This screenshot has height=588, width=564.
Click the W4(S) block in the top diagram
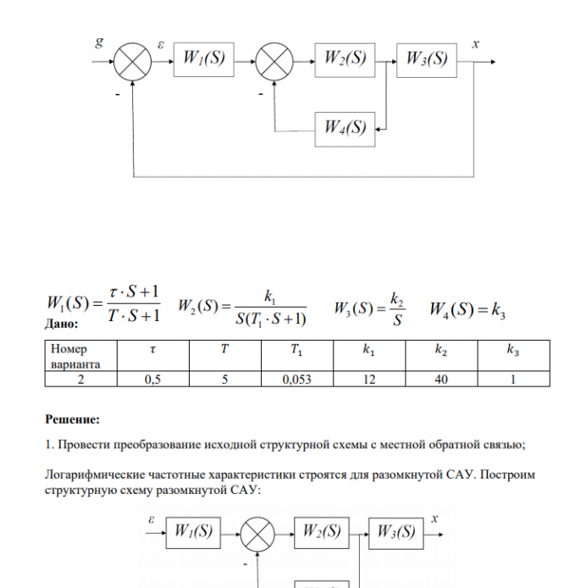click(x=345, y=129)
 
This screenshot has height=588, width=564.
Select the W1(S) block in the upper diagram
click(x=203, y=59)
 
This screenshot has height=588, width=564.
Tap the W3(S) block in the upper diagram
click(x=426, y=59)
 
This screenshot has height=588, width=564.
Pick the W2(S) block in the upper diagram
click(x=345, y=59)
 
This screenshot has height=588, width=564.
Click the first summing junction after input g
click(x=134, y=59)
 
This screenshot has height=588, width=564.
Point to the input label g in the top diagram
click(x=99, y=43)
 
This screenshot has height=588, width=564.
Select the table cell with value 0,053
click(x=297, y=380)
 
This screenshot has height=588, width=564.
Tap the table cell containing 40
click(x=441, y=380)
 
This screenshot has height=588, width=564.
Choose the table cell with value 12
click(x=369, y=380)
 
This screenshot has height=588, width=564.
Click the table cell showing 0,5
click(x=153, y=380)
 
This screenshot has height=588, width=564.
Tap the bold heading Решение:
click(x=72, y=419)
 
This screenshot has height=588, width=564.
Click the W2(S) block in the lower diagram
click(x=323, y=532)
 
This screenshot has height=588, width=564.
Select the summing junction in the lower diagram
click(x=258, y=533)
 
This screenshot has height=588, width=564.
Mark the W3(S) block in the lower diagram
click(x=395, y=532)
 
